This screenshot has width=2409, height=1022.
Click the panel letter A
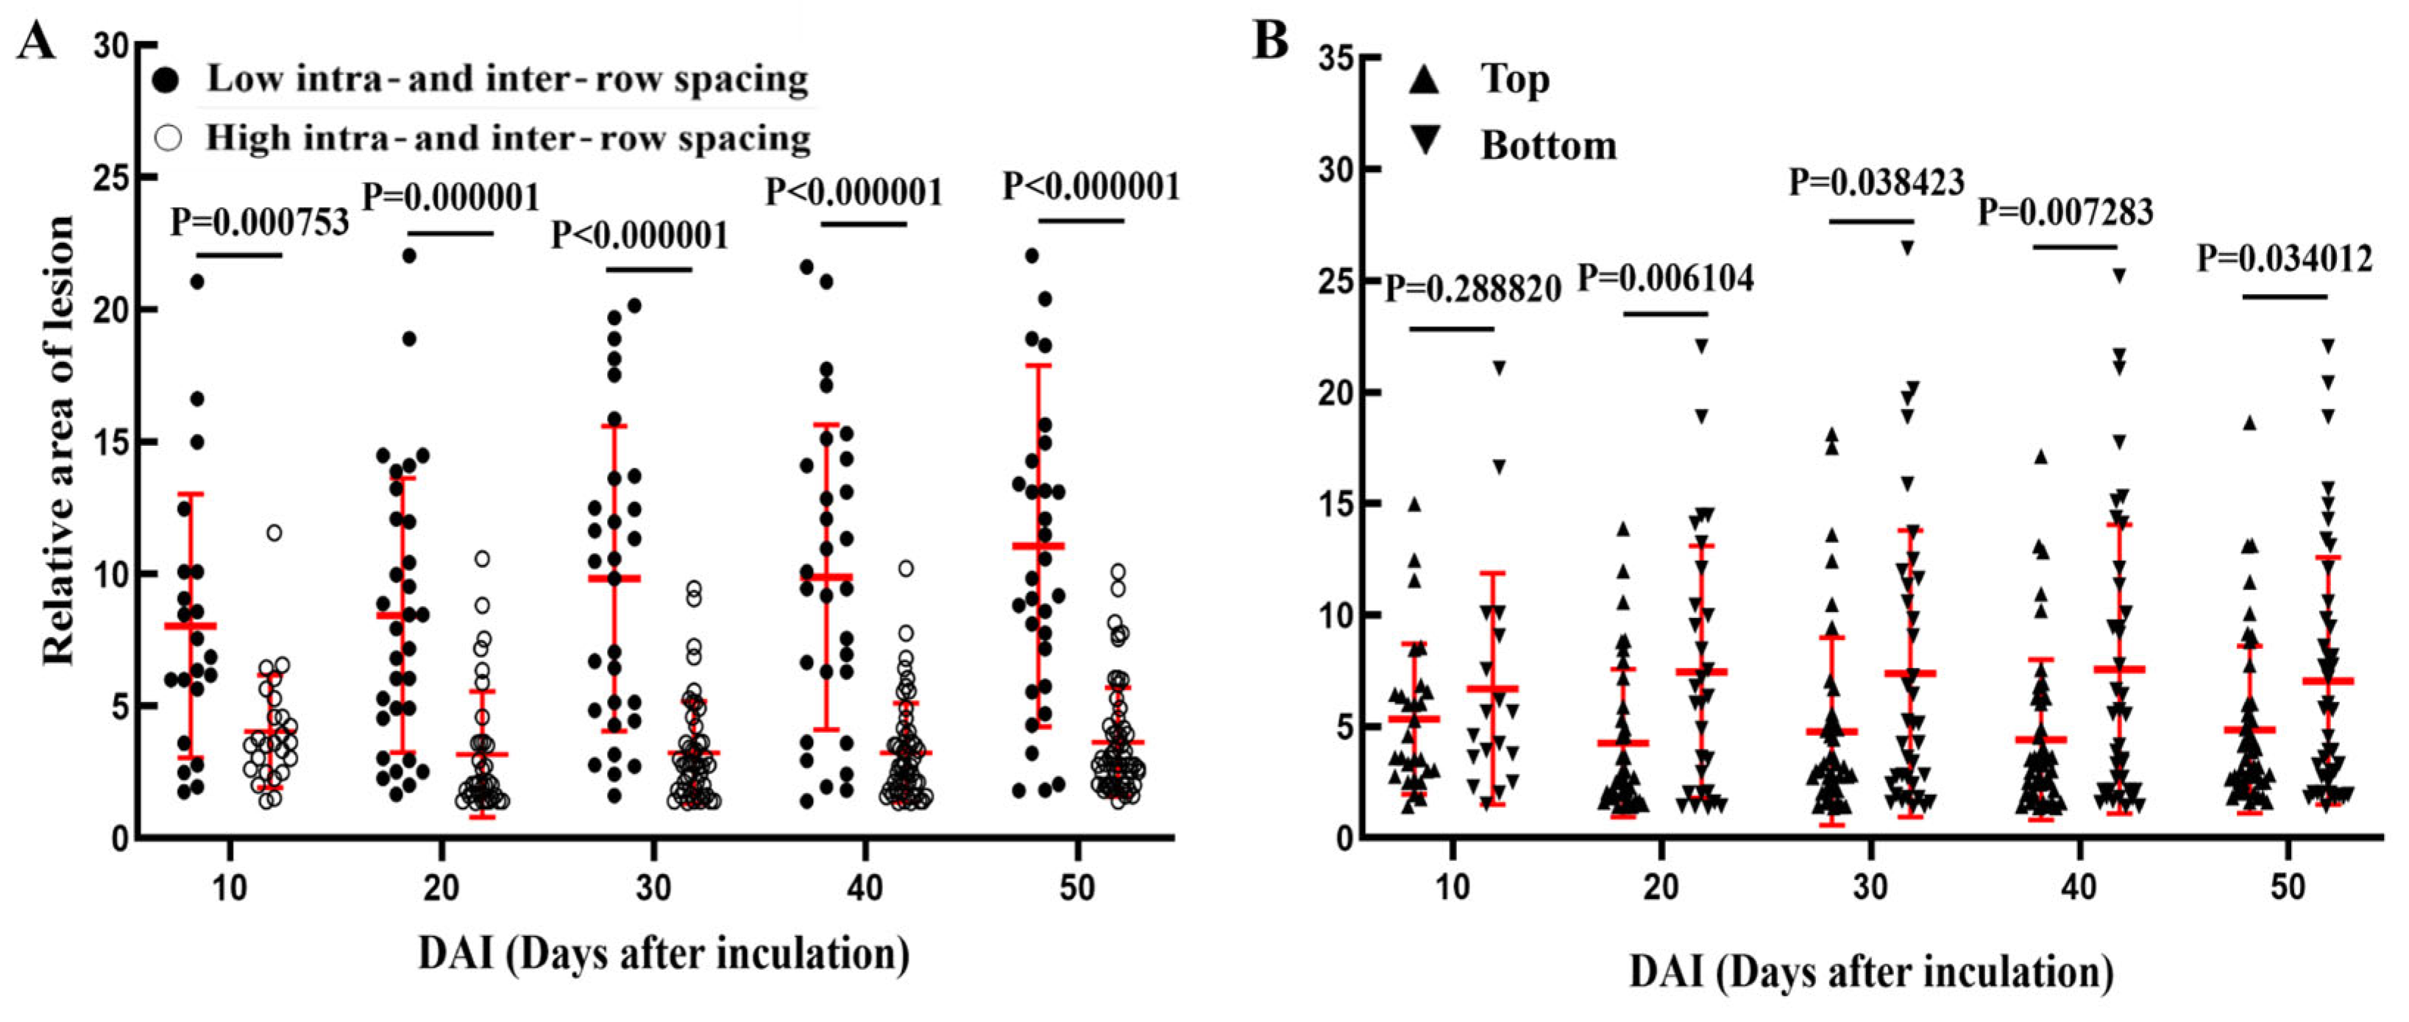pyautogui.click(x=35, y=42)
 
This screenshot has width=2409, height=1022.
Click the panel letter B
pyautogui.click(x=1269, y=42)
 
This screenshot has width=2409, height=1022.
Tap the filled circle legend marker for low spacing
pyautogui.click(x=166, y=80)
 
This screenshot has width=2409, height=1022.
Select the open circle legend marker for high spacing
pyautogui.click(x=168, y=138)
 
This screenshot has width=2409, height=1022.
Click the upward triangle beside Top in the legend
pyautogui.click(x=1425, y=80)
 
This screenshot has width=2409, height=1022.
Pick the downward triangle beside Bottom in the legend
pyautogui.click(x=1425, y=141)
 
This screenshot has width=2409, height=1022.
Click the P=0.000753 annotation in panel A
pyautogui.click(x=259, y=222)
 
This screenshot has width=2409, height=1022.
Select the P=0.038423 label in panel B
pyautogui.click(x=1877, y=182)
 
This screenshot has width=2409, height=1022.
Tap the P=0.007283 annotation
pyautogui.click(x=2065, y=212)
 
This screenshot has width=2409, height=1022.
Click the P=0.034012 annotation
pyautogui.click(x=2285, y=258)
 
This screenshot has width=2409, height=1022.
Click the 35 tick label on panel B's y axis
pyautogui.click(x=1335, y=59)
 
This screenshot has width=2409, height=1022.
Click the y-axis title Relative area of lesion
pyautogui.click(x=58, y=439)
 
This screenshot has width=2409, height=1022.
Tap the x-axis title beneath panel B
pyautogui.click(x=1870, y=973)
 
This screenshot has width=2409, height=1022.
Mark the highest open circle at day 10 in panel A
pyautogui.click(x=274, y=533)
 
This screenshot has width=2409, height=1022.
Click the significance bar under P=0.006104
pyautogui.click(x=1666, y=314)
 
